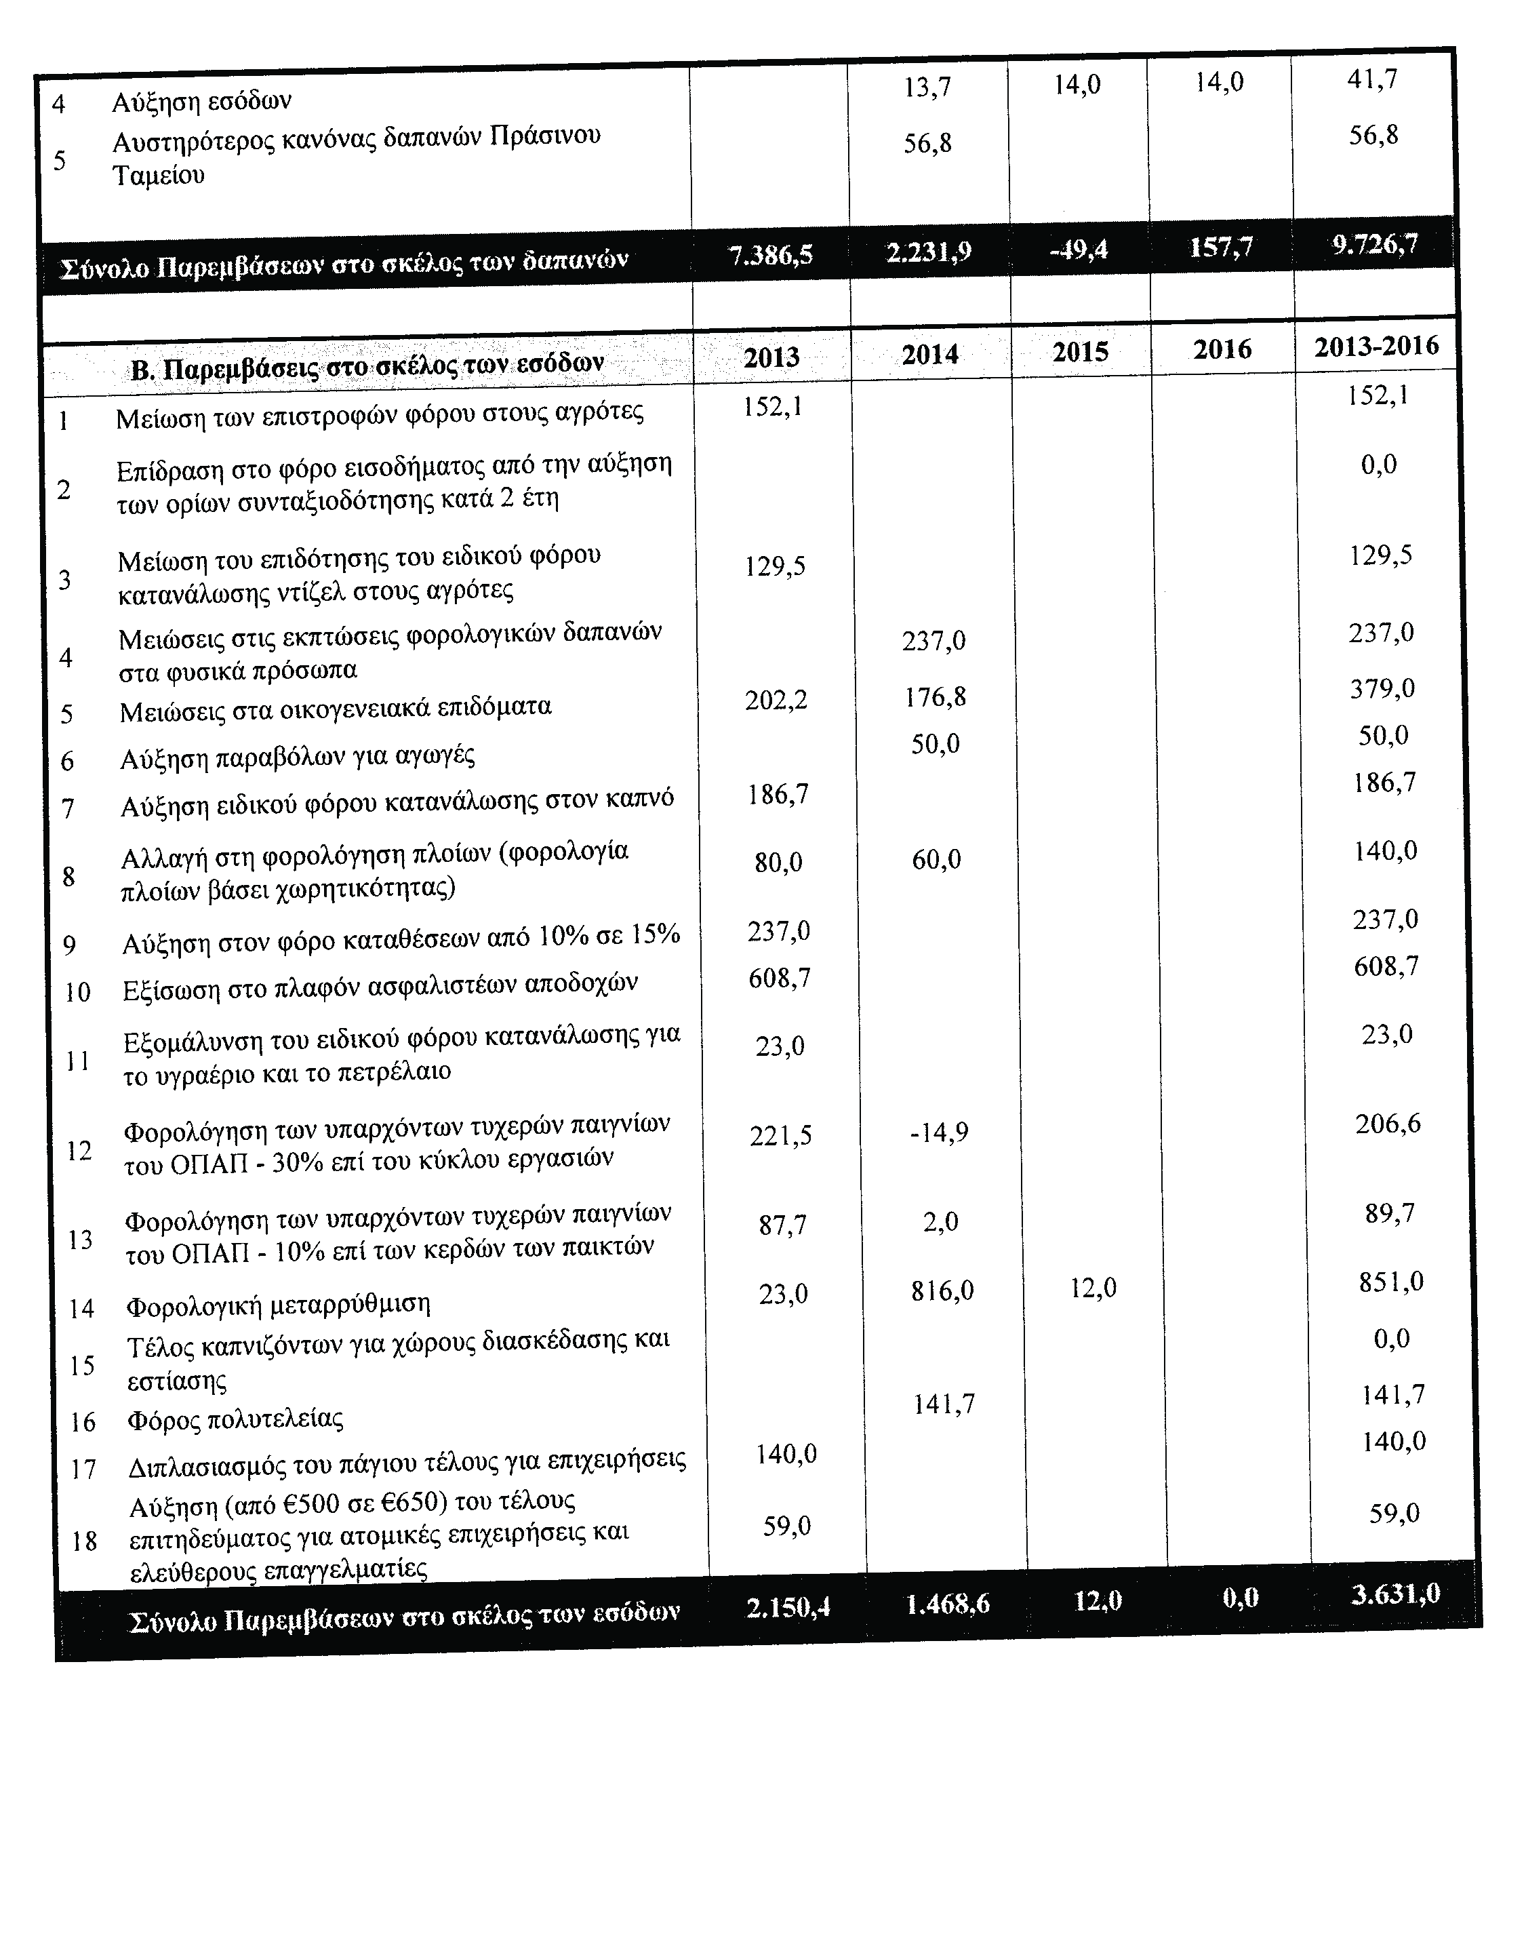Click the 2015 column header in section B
(x=1079, y=351)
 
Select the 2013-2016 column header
(x=1376, y=346)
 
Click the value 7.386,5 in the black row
(x=771, y=256)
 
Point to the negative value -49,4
(x=1079, y=250)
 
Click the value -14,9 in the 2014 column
(x=938, y=1132)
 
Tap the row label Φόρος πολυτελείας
(x=235, y=1419)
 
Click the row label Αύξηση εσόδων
(x=202, y=101)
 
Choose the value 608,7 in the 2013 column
(x=779, y=979)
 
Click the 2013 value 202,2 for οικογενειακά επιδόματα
(x=776, y=700)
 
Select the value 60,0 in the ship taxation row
(x=936, y=860)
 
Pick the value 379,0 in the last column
(x=1381, y=689)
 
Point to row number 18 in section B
(x=84, y=1541)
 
